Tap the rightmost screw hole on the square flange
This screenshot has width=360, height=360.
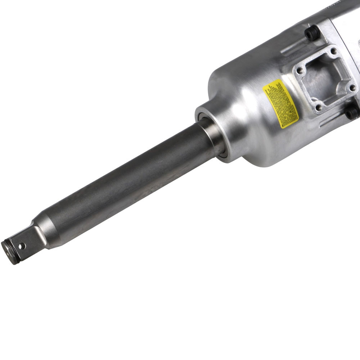pos(352,87)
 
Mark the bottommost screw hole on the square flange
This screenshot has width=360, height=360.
pos(318,107)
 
